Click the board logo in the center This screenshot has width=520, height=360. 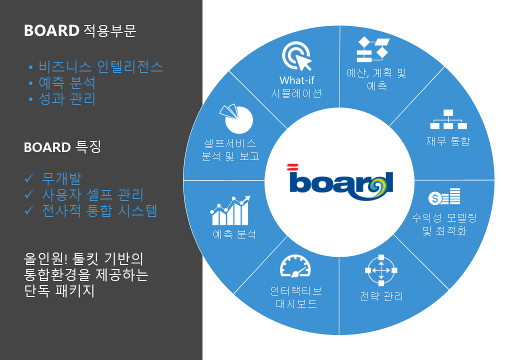340,182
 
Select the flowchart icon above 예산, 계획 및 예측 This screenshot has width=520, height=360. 373,49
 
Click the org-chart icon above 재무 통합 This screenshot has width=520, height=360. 448,119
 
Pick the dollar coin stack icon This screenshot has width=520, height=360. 444,196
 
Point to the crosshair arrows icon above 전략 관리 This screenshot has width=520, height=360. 381,270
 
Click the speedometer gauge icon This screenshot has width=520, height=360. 295,266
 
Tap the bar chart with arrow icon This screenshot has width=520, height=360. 230,210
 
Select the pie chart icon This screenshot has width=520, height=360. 236,118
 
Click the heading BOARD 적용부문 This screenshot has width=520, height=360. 80,30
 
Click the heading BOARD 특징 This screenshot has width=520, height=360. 62,147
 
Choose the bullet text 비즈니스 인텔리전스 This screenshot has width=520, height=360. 100,67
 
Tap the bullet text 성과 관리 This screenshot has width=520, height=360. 67,99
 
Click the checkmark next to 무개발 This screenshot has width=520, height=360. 29,178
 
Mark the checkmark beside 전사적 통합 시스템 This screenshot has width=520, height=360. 29,210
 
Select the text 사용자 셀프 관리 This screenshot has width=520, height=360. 92,194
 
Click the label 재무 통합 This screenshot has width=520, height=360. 448,141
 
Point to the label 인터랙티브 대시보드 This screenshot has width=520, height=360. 296,297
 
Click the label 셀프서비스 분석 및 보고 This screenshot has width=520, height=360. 230,149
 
